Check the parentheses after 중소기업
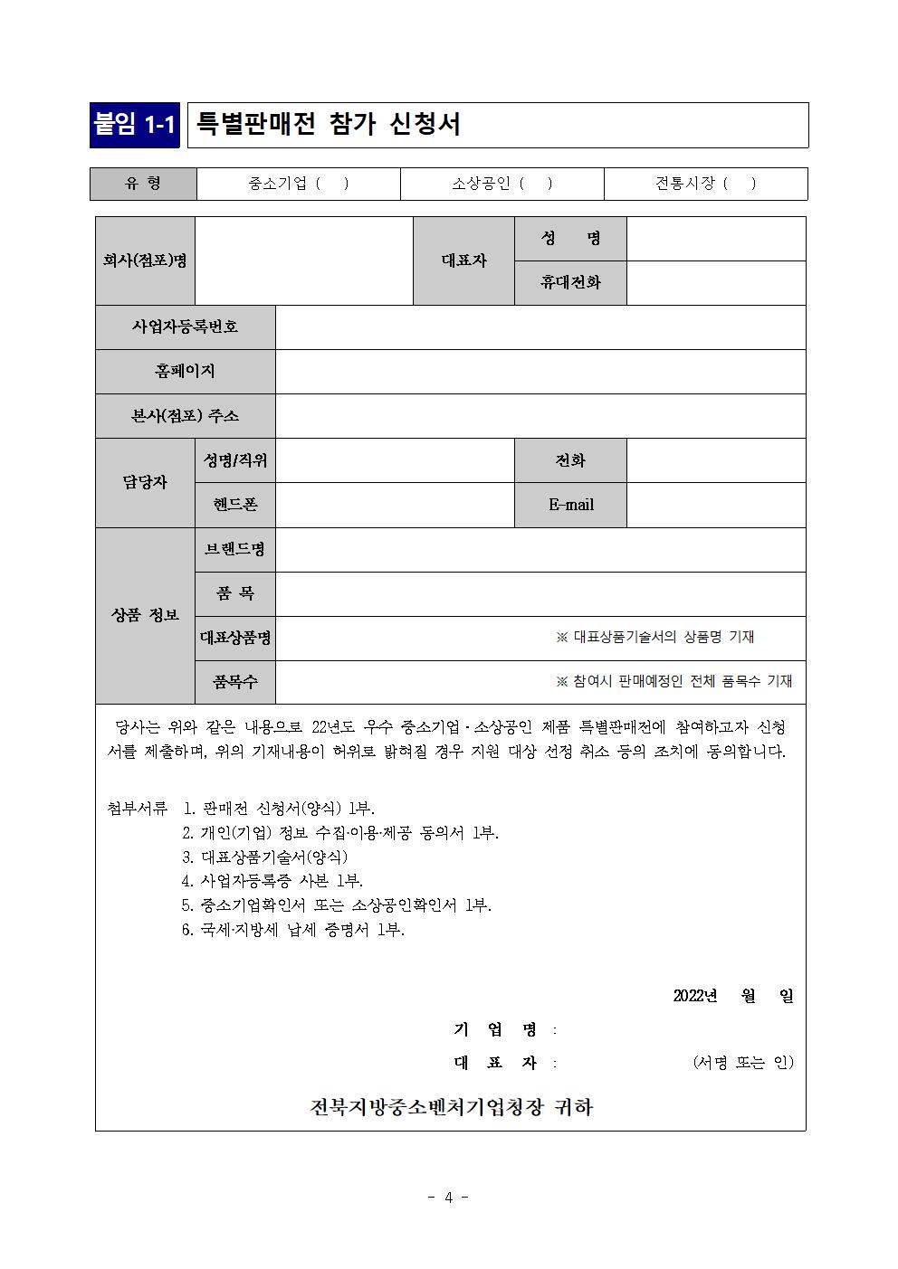click(x=332, y=184)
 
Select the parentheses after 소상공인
click(x=536, y=184)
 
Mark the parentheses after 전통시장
click(x=740, y=184)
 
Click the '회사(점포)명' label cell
click(x=145, y=260)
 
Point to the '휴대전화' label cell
click(x=570, y=282)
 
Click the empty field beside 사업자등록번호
click(x=540, y=327)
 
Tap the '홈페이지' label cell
click(x=185, y=371)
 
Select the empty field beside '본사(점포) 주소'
click(x=540, y=416)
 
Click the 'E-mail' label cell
click(x=570, y=505)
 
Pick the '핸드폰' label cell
click(x=235, y=505)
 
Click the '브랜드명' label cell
click(x=235, y=549)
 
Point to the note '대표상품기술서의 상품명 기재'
click(x=655, y=637)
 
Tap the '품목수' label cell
click(x=235, y=682)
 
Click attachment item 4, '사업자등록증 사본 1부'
click(x=272, y=880)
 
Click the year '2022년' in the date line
click(x=695, y=996)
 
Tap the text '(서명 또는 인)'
click(x=742, y=1062)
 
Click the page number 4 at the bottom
click(x=448, y=1198)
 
